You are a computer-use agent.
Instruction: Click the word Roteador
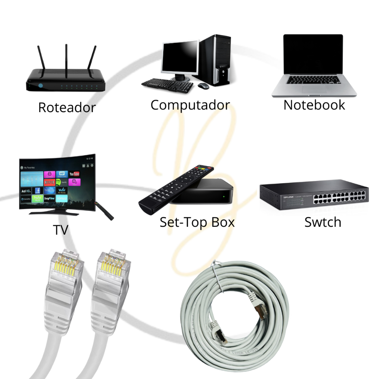67,108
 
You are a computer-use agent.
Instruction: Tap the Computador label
190,105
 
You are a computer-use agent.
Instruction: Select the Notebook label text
314,105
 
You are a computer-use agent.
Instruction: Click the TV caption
60,230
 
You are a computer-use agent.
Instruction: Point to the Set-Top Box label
197,222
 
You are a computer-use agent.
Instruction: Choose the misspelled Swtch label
323,222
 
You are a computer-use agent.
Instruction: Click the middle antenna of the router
66,61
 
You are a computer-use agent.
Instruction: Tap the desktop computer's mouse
203,86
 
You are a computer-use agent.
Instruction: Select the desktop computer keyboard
167,85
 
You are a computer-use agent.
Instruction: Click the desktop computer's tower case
215,60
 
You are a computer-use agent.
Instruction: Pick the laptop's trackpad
314,89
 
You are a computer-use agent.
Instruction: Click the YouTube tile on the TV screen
74,174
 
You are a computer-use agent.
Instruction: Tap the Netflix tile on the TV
49,182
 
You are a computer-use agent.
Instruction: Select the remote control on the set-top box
176,189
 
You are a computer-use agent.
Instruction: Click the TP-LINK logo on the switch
289,197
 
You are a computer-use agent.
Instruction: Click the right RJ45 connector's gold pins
111,265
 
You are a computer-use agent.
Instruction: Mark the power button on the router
40,86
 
